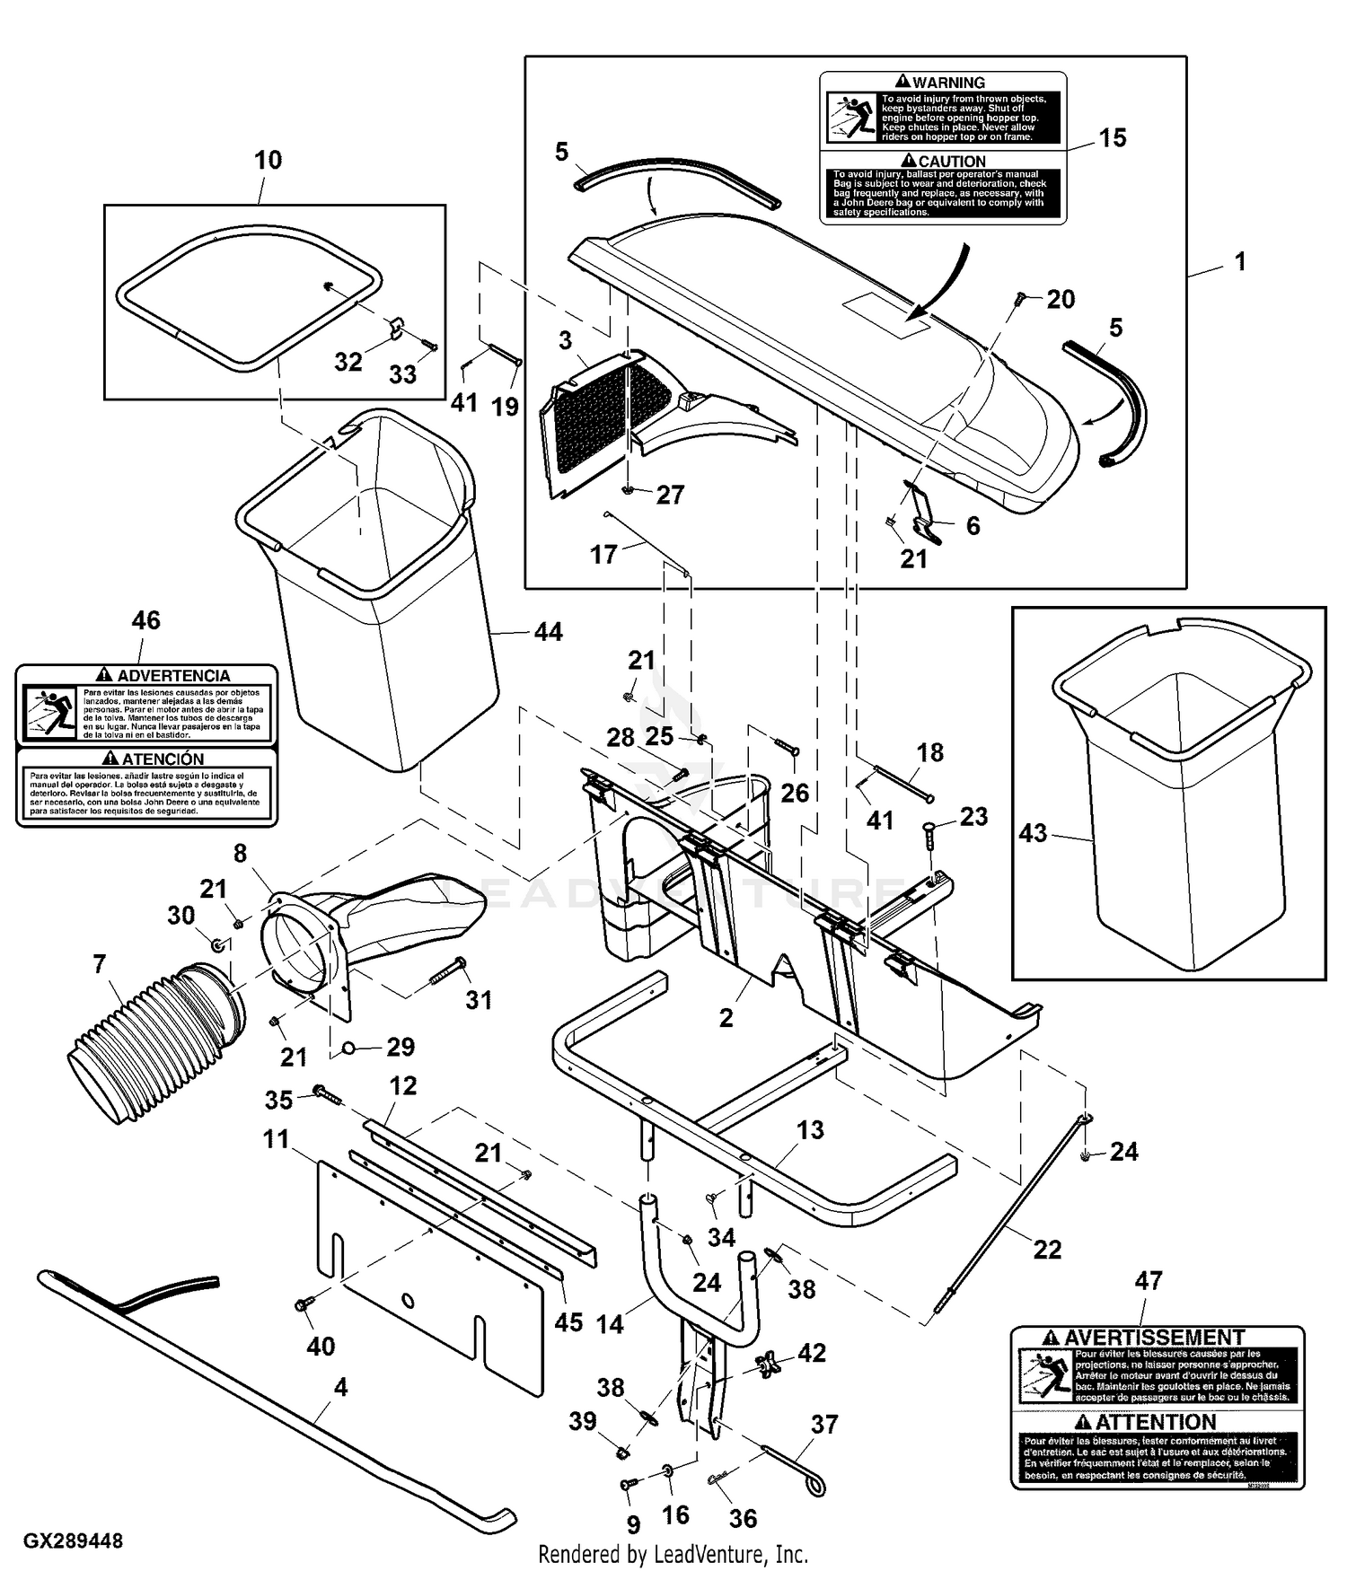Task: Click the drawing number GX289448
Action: tap(73, 1540)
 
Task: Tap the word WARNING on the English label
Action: tap(948, 83)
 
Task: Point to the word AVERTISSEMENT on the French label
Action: tap(1154, 1337)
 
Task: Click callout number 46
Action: tap(145, 620)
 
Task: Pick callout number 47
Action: tap(1149, 1281)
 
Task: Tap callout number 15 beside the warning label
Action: tap(1112, 138)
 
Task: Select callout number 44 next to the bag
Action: tap(548, 632)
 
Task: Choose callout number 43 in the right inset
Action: tap(1033, 833)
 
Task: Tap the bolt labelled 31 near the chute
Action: tap(447, 971)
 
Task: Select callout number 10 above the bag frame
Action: tap(268, 160)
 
